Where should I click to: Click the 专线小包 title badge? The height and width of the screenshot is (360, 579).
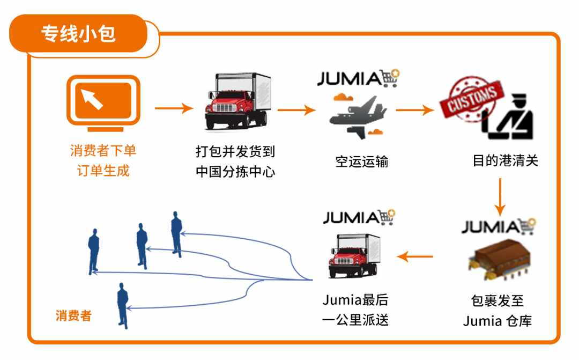(78, 34)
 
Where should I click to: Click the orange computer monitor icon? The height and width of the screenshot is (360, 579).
(103, 103)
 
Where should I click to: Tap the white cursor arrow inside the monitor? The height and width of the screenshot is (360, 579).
(92, 99)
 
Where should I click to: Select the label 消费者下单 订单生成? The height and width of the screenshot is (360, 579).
(103, 161)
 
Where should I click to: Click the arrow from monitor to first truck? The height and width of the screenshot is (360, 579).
(174, 108)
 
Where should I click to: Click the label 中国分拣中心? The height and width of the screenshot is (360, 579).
(235, 172)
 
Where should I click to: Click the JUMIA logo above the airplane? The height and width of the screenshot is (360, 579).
(358, 78)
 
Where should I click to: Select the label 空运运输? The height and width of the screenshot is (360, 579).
(361, 161)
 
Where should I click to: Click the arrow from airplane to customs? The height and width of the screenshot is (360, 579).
(415, 110)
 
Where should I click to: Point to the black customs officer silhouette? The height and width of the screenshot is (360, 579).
(508, 116)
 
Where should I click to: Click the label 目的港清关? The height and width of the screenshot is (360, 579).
(505, 161)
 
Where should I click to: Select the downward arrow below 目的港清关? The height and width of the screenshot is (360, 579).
(500, 197)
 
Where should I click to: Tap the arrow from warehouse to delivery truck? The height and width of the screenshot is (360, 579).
(415, 256)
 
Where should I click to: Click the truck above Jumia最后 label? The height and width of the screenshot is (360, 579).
(354, 256)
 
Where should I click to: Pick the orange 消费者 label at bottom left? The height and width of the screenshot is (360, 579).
(73, 315)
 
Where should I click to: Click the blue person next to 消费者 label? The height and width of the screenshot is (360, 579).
(123, 306)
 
